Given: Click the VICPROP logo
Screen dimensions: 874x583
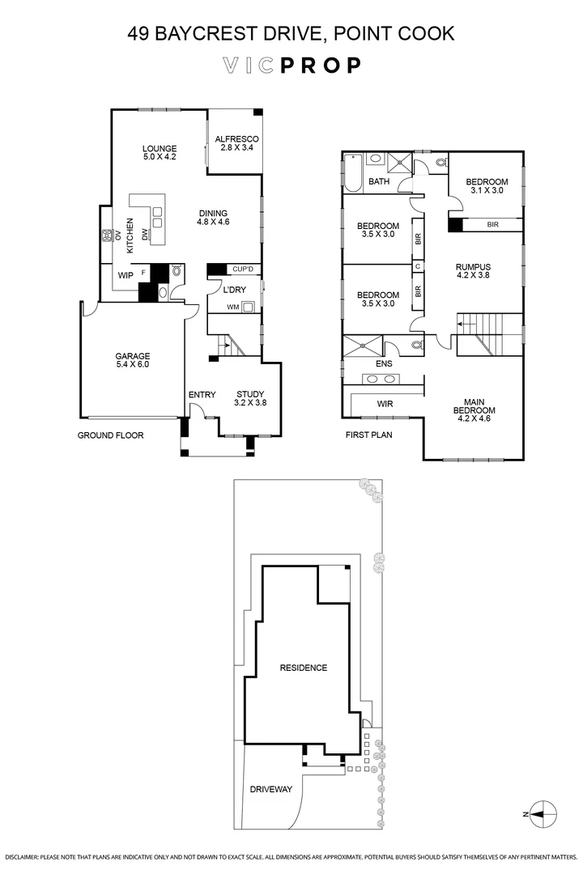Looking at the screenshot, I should (291, 66).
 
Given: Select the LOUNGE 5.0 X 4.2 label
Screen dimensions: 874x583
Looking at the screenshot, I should (159, 152).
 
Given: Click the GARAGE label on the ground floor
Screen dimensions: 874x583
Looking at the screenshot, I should (132, 360).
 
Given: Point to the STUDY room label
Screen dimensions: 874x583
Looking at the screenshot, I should (250, 397).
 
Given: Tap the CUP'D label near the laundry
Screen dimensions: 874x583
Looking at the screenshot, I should (243, 269).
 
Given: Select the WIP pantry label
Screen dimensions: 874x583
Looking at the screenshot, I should (126, 275).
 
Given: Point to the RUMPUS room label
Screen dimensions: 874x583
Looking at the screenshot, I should (474, 270).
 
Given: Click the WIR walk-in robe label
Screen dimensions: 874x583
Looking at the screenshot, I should (385, 404).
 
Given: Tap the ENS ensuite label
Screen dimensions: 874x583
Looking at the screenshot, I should (384, 364).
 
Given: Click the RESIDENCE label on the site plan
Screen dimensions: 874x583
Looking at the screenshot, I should (303, 668).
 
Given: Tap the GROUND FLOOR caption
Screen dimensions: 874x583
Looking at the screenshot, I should (110, 435).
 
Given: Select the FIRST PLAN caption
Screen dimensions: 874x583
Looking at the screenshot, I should (369, 435).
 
